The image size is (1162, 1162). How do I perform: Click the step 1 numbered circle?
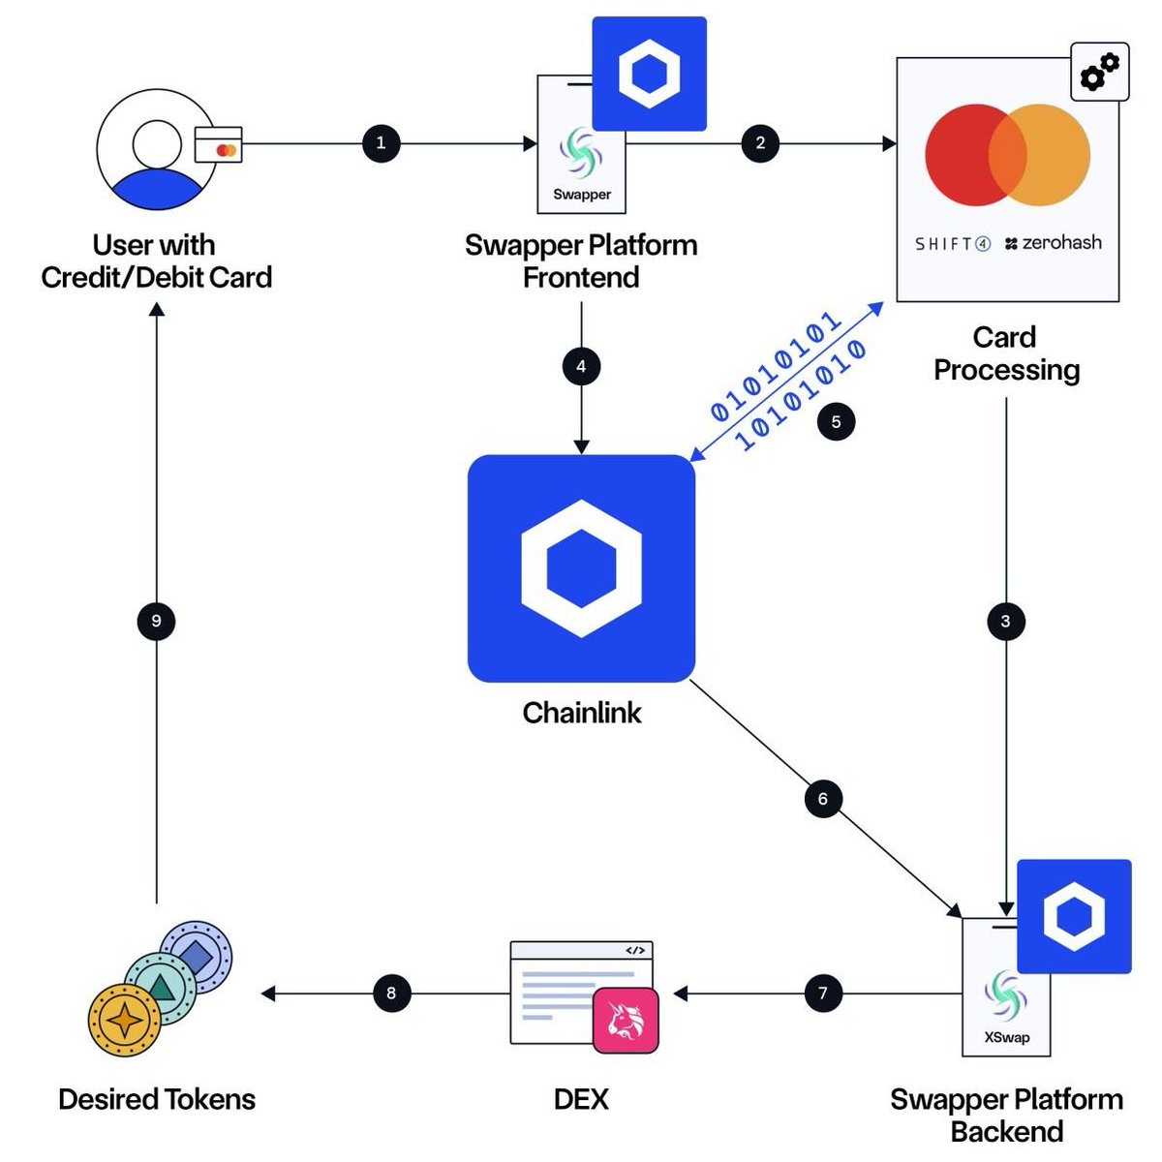tap(382, 143)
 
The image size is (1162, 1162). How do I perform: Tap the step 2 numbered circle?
tap(760, 143)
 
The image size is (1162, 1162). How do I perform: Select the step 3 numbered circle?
tap(1005, 621)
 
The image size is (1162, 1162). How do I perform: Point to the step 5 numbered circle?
tap(836, 421)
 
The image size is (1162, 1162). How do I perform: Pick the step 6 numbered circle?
tap(823, 798)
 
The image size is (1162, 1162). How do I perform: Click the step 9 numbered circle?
tap(156, 621)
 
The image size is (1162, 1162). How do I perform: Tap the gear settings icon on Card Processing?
tap(1099, 72)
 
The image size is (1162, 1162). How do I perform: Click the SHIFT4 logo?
tap(952, 244)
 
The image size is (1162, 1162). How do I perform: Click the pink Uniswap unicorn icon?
tap(626, 1021)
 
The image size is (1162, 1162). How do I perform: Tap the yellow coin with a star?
tap(124, 1020)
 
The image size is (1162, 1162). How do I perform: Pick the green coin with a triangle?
tap(161, 989)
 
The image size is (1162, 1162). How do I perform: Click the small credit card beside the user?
tap(218, 144)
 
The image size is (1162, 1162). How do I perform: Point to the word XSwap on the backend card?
tap(1006, 1037)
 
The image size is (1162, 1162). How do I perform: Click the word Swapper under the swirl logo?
tap(582, 195)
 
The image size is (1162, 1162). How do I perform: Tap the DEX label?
tap(581, 1099)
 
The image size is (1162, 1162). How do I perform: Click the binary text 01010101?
tap(776, 366)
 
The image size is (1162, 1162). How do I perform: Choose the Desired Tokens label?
tap(157, 1099)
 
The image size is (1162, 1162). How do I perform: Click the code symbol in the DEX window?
tap(635, 951)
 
